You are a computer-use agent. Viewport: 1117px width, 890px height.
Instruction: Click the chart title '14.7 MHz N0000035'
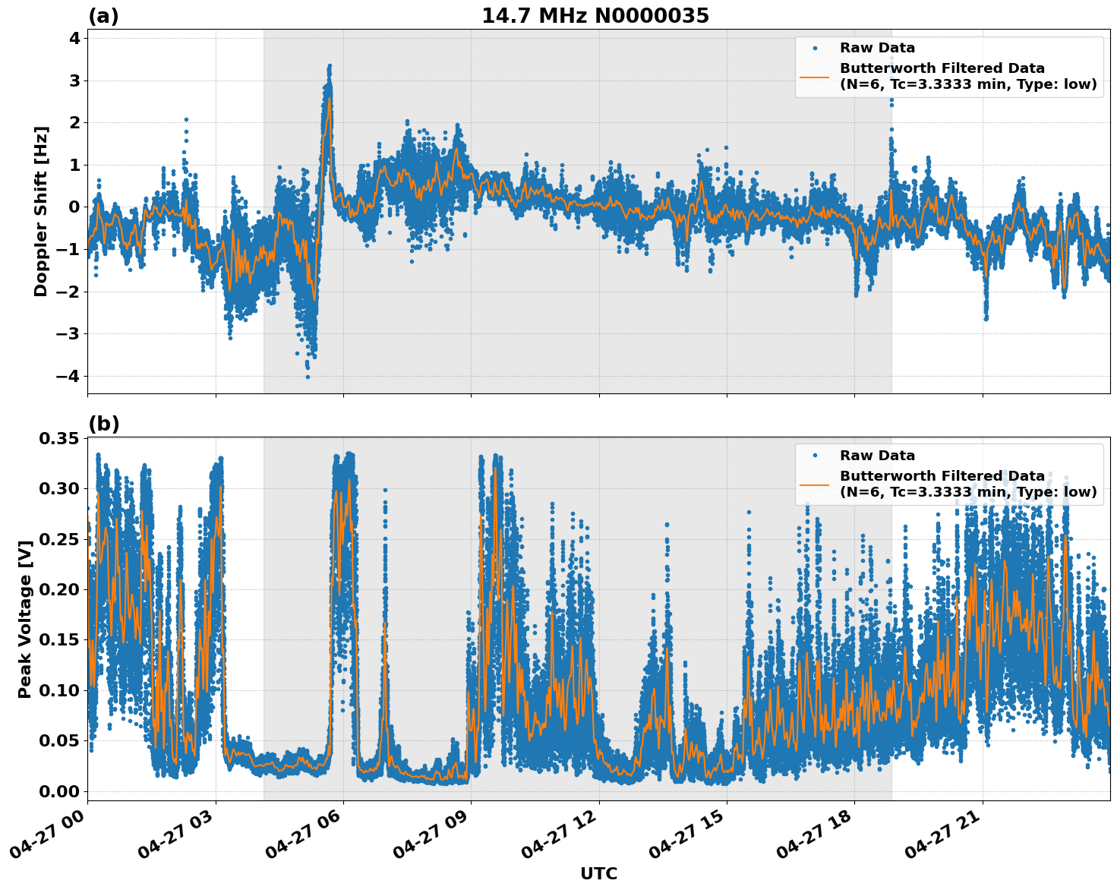pos(595,16)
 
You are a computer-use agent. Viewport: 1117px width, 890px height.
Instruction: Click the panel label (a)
pos(103,16)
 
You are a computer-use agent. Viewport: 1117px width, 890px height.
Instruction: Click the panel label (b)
pos(103,424)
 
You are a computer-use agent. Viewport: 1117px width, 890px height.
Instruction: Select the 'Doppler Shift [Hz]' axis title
pos(41,211)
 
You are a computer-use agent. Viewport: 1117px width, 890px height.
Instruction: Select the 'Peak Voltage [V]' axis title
pos(25,619)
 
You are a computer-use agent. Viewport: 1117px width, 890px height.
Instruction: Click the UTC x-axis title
pos(598,873)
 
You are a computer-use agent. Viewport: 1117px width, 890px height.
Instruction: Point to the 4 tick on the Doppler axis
pos(74,38)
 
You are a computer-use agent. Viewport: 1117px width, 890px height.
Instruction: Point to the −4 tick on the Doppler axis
pos(69,376)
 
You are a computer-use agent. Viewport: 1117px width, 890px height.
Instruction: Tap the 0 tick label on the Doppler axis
pos(74,207)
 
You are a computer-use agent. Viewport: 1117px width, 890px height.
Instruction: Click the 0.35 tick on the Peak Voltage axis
pos(58,438)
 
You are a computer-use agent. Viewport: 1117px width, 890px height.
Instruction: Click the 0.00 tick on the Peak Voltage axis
pos(58,791)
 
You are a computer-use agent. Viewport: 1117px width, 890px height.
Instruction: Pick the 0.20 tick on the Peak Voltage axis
pos(58,589)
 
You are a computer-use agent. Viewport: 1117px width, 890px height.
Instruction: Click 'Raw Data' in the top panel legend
pos(877,48)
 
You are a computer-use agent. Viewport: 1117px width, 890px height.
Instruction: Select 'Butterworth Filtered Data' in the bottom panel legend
pos(942,476)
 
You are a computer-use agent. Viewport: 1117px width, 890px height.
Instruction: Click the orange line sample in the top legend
pos(814,76)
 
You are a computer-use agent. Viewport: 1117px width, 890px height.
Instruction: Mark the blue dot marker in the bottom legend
pos(814,456)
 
